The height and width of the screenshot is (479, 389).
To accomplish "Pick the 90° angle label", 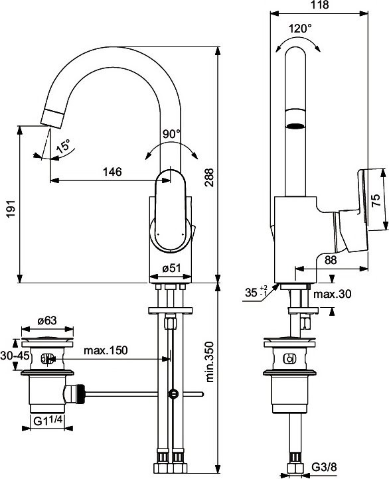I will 171,133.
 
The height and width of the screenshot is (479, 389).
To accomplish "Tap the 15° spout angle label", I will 64,147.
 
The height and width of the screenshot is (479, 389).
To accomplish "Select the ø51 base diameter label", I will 172,268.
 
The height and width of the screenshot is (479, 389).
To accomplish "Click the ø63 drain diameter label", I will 46,321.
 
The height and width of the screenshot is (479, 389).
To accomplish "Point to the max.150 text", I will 106,350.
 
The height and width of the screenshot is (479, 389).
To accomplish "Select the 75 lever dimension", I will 376,200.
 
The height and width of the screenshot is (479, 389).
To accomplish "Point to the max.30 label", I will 332,293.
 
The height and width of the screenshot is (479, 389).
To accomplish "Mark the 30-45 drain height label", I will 11,356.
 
